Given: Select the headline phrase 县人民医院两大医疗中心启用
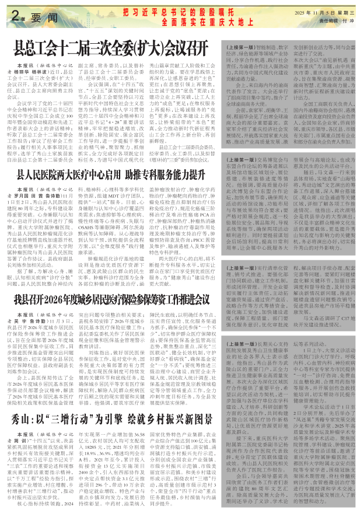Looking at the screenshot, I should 72,173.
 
